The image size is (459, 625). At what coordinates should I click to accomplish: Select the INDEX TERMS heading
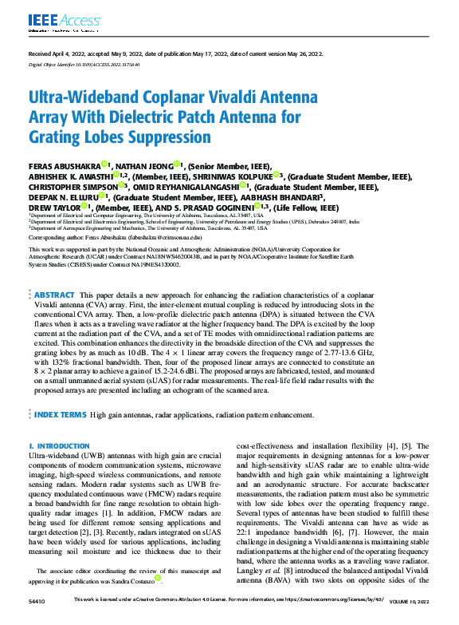tap(61, 415)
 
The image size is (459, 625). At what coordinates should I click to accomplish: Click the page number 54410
tap(37, 619)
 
